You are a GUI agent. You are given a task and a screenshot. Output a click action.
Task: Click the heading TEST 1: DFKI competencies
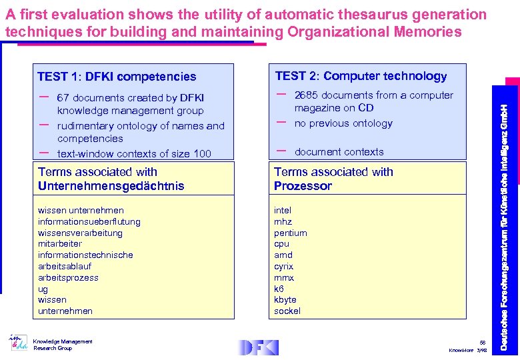(x=117, y=77)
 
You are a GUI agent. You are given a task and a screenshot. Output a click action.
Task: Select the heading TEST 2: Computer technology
(x=361, y=76)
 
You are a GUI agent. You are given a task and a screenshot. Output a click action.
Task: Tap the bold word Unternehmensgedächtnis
(x=111, y=186)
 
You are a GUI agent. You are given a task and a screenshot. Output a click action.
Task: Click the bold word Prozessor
(x=303, y=186)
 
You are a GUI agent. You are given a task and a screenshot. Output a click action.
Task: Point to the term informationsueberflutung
(x=89, y=222)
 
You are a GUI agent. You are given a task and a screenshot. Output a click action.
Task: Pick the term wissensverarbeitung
(x=80, y=233)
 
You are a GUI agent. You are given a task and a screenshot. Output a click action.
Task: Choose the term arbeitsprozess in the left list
(x=68, y=277)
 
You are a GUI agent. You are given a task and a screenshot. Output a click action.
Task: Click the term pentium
(x=290, y=233)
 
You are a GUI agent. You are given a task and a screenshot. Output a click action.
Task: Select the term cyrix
(x=283, y=266)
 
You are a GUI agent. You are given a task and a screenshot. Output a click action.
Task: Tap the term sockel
(x=287, y=311)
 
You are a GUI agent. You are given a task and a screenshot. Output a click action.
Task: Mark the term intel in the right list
(x=283, y=211)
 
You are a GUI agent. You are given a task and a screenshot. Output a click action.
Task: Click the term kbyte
(x=285, y=299)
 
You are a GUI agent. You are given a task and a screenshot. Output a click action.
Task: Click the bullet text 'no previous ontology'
(x=343, y=123)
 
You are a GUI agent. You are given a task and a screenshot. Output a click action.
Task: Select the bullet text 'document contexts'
(x=339, y=152)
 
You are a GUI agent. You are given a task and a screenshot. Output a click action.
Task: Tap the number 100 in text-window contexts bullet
(x=202, y=154)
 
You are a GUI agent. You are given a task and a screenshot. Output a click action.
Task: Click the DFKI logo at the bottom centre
(x=258, y=347)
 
